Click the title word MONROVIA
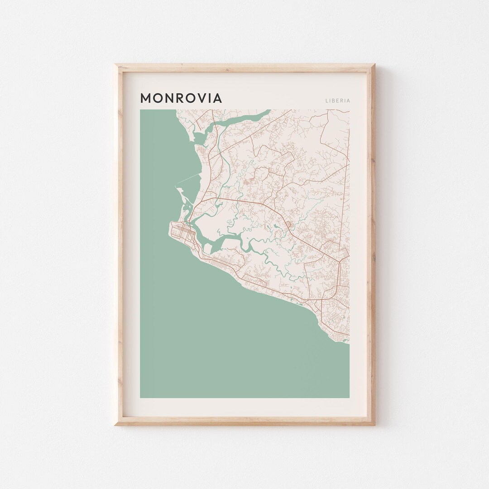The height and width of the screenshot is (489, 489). coord(181,98)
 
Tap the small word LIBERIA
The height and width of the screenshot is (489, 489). coord(337,101)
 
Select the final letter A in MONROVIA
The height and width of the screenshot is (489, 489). coord(217,98)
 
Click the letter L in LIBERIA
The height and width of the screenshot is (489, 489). coord(326,101)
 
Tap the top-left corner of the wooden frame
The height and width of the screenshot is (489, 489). coord(115,65)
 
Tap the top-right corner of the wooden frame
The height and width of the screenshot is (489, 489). coord(374,65)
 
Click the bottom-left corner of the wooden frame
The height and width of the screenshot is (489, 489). coord(115,424)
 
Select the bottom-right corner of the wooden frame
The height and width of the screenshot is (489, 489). coord(374,424)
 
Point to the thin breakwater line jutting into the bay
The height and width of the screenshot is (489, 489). coord(187,178)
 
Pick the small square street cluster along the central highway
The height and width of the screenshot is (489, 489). coord(287,223)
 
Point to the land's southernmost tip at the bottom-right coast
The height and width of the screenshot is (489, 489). coord(348,342)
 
